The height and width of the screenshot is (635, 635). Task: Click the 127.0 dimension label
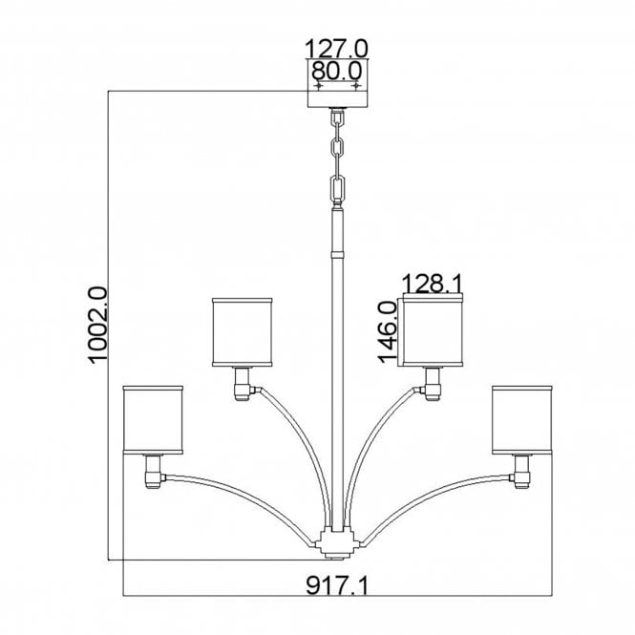(x=336, y=48)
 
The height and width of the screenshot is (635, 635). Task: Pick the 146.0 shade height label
(x=387, y=330)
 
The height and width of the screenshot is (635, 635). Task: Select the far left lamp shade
(x=153, y=419)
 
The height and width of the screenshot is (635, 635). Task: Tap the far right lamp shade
(x=522, y=419)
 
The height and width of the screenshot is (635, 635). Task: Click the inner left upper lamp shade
(x=243, y=330)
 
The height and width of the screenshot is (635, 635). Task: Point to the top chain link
(x=337, y=120)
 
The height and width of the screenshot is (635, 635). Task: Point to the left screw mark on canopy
(x=318, y=86)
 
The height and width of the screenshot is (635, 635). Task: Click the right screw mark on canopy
(x=356, y=86)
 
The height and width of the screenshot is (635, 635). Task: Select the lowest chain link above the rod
(x=337, y=188)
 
